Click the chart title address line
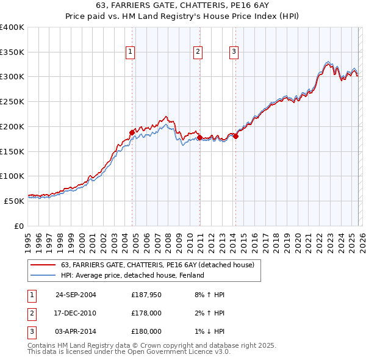tap(182, 6)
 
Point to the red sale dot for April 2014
tap(235, 136)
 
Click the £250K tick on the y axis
tap(12, 102)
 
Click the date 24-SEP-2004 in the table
tap(76, 295)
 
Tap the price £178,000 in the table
tap(146, 313)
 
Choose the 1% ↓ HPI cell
tap(211, 331)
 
